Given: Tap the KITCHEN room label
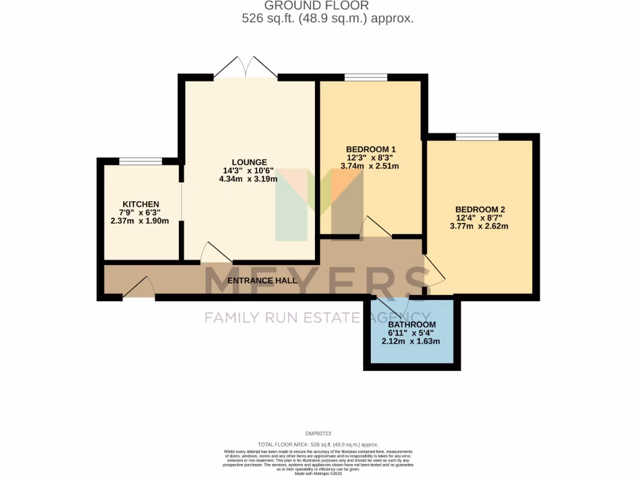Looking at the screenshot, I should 140,204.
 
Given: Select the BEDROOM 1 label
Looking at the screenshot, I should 370,150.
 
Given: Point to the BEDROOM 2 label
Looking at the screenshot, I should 479,209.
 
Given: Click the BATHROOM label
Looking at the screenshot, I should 411,324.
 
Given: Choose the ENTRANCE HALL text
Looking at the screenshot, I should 261,280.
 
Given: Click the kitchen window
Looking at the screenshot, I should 140,161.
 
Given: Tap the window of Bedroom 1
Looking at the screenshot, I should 366,78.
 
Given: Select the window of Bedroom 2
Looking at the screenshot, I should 477,137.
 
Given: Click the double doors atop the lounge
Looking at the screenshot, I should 246,67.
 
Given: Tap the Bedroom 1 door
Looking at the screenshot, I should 376,227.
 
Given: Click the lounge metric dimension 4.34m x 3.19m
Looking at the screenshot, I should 248,179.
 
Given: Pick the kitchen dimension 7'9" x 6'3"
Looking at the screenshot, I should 140,212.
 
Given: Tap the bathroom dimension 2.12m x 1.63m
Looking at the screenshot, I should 411,341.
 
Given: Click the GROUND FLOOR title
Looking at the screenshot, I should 317,6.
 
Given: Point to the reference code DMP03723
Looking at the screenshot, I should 318,434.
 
